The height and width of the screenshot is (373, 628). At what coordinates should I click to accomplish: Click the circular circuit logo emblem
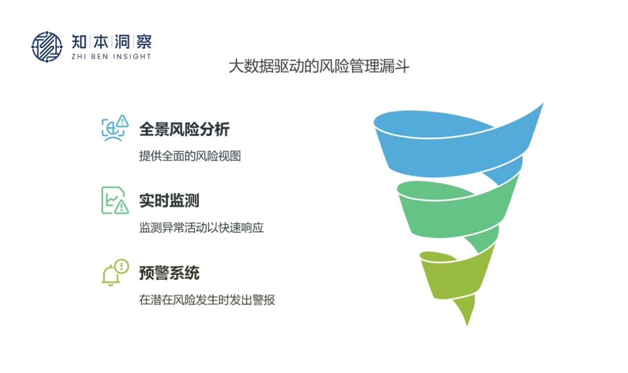point(47,47)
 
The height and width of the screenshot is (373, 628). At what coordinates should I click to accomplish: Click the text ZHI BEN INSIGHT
point(112,57)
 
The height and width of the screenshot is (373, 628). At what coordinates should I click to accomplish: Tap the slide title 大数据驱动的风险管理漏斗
point(319,66)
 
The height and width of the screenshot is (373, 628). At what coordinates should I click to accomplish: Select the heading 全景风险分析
point(184,129)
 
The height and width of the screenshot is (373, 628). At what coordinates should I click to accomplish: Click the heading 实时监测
point(170,201)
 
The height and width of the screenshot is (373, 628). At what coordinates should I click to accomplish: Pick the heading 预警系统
point(170,273)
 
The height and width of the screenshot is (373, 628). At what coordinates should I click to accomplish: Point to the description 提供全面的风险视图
point(190,156)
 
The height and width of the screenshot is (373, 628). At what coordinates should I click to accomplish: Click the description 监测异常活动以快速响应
point(201,228)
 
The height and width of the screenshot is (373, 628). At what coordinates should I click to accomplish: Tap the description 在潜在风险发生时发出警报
point(207,300)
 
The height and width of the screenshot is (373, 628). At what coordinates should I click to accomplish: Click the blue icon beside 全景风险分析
point(115,128)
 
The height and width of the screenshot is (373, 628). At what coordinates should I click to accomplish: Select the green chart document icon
point(115,200)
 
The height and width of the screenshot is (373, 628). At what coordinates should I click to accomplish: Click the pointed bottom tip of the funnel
point(467,325)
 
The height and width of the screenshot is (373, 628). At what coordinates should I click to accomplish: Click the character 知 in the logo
point(79,42)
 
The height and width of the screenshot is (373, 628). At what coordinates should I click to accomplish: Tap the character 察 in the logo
point(144,42)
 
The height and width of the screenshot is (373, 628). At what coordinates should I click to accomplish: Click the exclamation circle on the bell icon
point(121,266)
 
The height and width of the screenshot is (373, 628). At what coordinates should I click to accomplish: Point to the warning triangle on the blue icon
point(122,121)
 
